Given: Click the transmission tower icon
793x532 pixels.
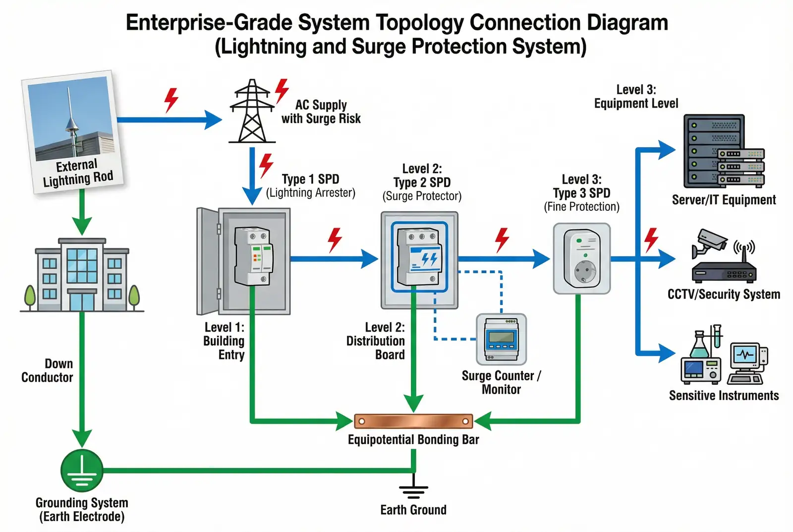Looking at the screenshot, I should point(252,112).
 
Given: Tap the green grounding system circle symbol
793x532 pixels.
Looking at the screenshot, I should point(82,470).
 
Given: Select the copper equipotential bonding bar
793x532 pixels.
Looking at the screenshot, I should point(413,421).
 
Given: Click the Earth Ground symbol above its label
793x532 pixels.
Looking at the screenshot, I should point(413,488).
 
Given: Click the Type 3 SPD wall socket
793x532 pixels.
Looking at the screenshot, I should point(581,258).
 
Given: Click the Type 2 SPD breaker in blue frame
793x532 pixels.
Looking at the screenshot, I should point(419,257).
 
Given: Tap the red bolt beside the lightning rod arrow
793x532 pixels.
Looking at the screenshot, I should point(171,100).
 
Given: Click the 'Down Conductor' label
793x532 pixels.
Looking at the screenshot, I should point(47,370).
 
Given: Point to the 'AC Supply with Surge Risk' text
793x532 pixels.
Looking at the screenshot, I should point(321,112).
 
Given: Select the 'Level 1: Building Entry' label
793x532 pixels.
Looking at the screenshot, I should point(225,341).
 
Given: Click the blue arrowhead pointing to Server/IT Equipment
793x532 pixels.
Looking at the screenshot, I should point(666,150).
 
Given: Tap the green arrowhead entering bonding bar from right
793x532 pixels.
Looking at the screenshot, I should point(483,421).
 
